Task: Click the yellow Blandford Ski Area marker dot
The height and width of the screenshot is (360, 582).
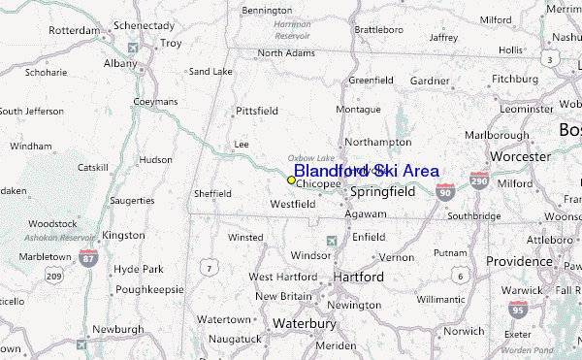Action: pos(291,180)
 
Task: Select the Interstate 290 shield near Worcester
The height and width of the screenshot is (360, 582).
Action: pos(478,180)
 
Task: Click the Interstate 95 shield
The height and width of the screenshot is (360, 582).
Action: pos(517,311)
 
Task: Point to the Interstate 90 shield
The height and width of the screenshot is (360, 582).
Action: pos(444,193)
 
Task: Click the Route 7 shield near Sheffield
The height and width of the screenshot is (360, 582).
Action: pos(209,266)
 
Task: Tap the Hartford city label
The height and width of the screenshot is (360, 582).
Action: pos(358,277)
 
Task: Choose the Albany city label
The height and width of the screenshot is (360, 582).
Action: pos(121,63)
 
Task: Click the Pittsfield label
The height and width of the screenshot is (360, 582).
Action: pos(257,112)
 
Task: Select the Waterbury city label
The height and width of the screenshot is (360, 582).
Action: pos(303,322)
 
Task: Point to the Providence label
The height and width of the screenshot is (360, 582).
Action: pos(518,261)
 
